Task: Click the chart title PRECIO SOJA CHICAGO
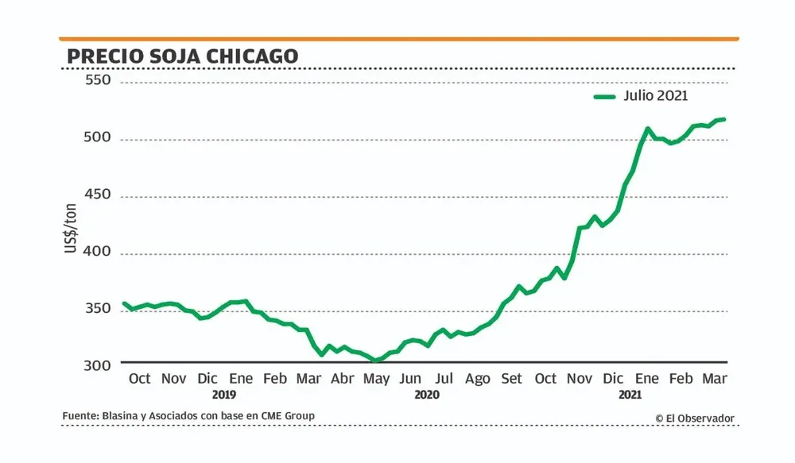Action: [182, 56]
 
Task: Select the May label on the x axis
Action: [376, 379]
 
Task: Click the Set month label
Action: [511, 379]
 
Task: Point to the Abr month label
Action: [343, 379]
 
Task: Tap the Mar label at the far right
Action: [713, 379]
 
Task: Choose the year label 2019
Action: [225, 394]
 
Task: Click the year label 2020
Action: [427, 394]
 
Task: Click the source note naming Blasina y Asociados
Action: [188, 416]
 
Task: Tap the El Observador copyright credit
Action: [695, 419]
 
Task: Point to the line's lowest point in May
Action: [376, 361]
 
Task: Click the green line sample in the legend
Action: [606, 97]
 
